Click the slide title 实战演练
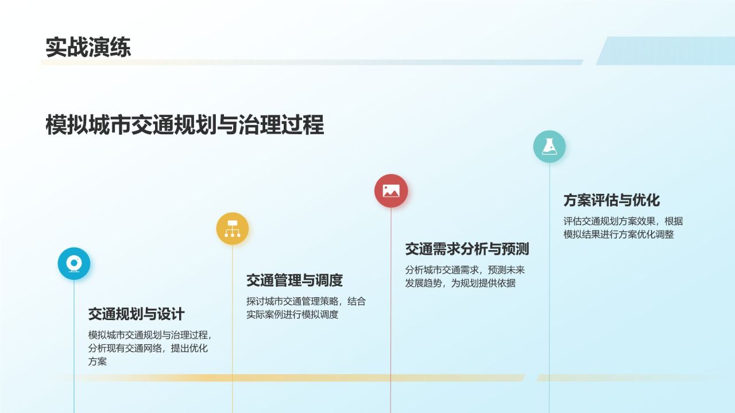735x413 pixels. [88, 48]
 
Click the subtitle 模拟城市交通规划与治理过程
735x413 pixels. [184, 124]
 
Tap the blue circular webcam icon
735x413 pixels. [74, 264]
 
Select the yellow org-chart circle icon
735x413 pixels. [233, 229]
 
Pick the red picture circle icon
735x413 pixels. [391, 191]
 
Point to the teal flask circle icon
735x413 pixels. [550, 146]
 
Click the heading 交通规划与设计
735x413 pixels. [136, 314]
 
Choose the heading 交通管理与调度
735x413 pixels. [294, 280]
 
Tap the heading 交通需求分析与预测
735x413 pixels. [466, 249]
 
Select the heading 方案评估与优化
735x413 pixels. [611, 200]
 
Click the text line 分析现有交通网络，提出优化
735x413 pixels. [148, 348]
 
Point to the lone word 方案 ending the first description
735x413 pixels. [98, 361]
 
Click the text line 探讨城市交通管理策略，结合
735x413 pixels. [305, 301]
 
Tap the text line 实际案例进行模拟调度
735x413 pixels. [292, 314]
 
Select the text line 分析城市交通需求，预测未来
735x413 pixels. [465, 270]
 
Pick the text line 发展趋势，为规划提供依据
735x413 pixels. [460, 283]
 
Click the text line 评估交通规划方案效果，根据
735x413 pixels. [623, 221]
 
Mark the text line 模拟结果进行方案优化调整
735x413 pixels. [618, 235]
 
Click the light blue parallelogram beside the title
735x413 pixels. [666, 51]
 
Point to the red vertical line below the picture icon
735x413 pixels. [391, 310]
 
